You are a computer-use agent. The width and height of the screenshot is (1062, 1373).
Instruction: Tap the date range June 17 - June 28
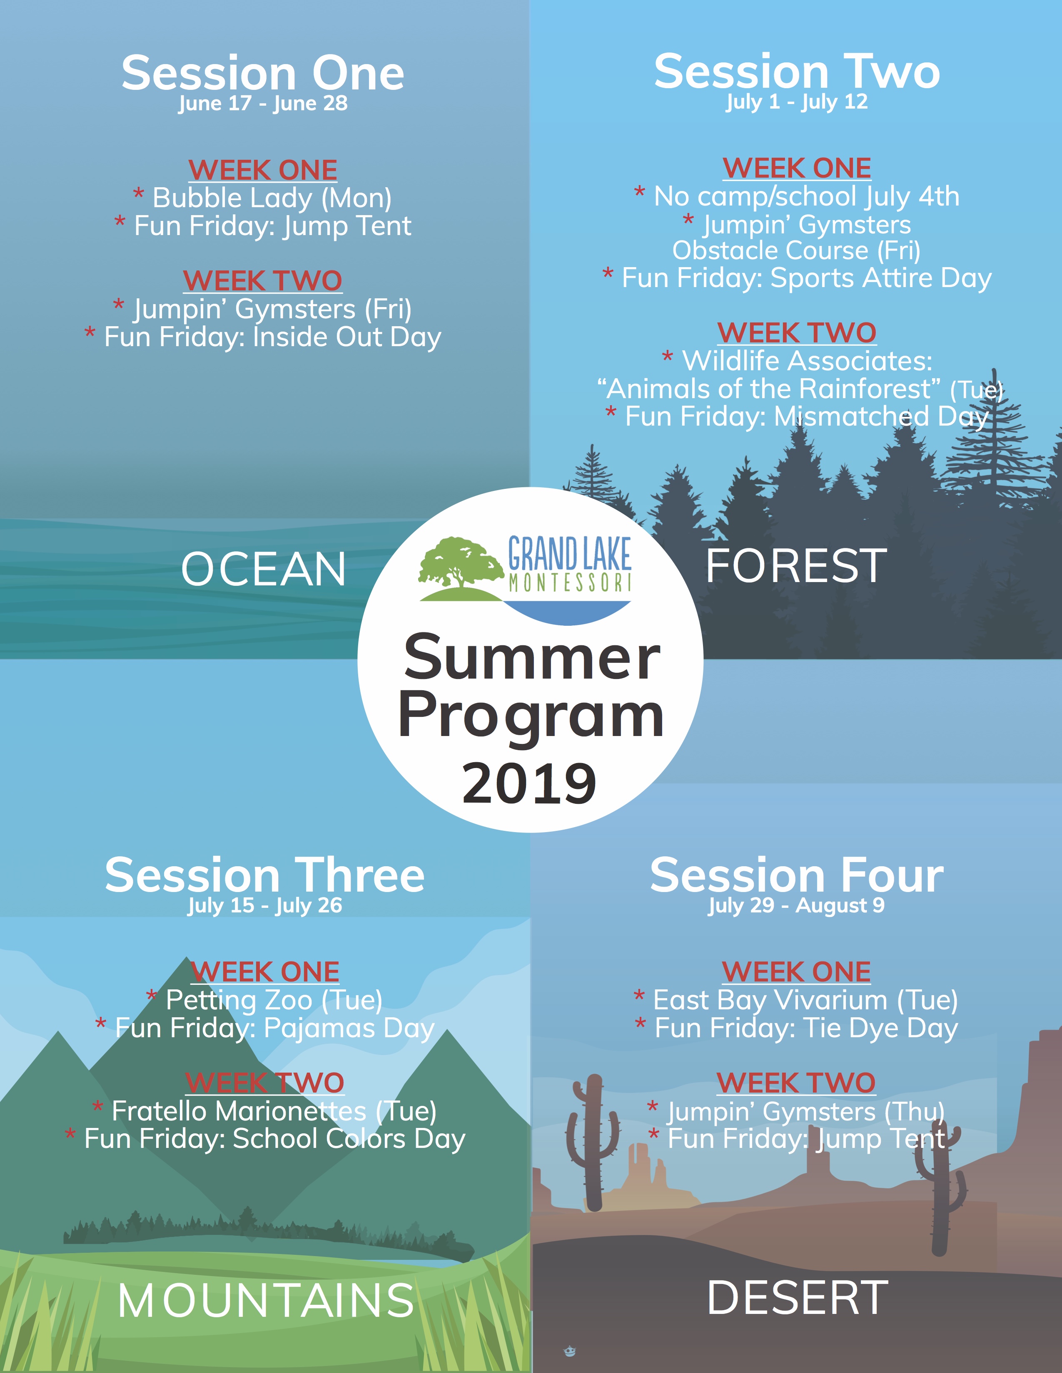tap(263, 103)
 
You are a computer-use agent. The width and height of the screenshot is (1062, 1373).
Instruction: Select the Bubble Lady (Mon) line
tap(263, 198)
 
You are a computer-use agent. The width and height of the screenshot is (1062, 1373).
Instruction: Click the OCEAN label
tap(264, 569)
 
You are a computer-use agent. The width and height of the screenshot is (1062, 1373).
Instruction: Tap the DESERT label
tap(798, 1298)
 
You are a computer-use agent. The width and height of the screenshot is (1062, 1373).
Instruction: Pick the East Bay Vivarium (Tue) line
tap(796, 999)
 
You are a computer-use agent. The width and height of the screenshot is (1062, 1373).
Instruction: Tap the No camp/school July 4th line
tap(796, 196)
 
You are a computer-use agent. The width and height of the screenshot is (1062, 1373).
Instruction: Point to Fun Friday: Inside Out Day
tap(263, 337)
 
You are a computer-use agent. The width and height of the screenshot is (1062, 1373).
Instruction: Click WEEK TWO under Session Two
tap(796, 332)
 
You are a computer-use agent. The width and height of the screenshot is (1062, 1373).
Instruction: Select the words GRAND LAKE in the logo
tap(569, 553)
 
